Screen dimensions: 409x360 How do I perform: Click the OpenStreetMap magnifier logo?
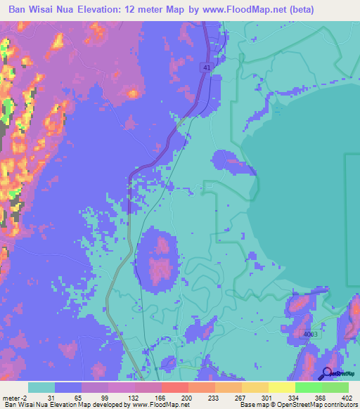328,374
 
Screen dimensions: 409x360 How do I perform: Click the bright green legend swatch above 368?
309,387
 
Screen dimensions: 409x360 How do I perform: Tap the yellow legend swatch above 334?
282,387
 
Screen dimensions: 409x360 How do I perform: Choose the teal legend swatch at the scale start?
41,387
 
